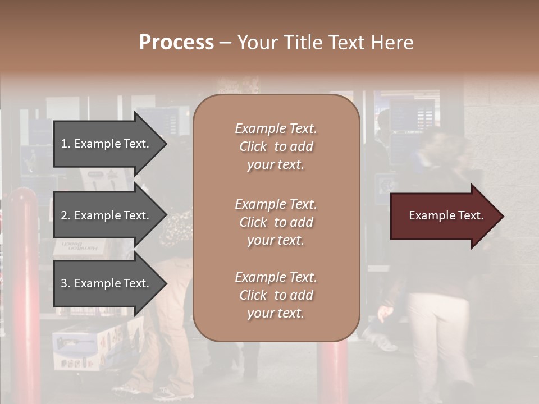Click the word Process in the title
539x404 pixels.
tap(176, 43)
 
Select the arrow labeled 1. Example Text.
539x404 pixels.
tap(107, 144)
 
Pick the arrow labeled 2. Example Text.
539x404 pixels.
tap(107, 215)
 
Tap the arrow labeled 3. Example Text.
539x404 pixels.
tap(107, 283)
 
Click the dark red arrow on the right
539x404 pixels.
tap(444, 216)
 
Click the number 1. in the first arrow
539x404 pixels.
tap(66, 144)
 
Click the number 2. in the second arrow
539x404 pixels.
tap(66, 215)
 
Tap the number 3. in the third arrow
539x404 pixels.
tap(66, 283)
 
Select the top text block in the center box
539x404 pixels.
tap(276, 146)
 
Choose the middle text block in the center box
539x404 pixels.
tap(276, 222)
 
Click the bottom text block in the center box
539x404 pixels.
tap(276, 295)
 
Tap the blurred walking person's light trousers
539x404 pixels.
tap(435, 337)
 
